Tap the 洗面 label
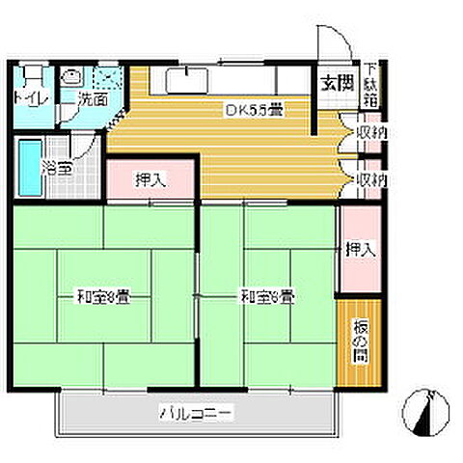(92, 98)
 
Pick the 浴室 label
(56, 168)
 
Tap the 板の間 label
(359, 339)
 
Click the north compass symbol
(423, 408)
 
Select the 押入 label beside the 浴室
(149, 179)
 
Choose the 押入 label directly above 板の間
(360, 250)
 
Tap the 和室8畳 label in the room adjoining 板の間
(267, 296)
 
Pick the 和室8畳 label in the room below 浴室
(103, 296)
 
